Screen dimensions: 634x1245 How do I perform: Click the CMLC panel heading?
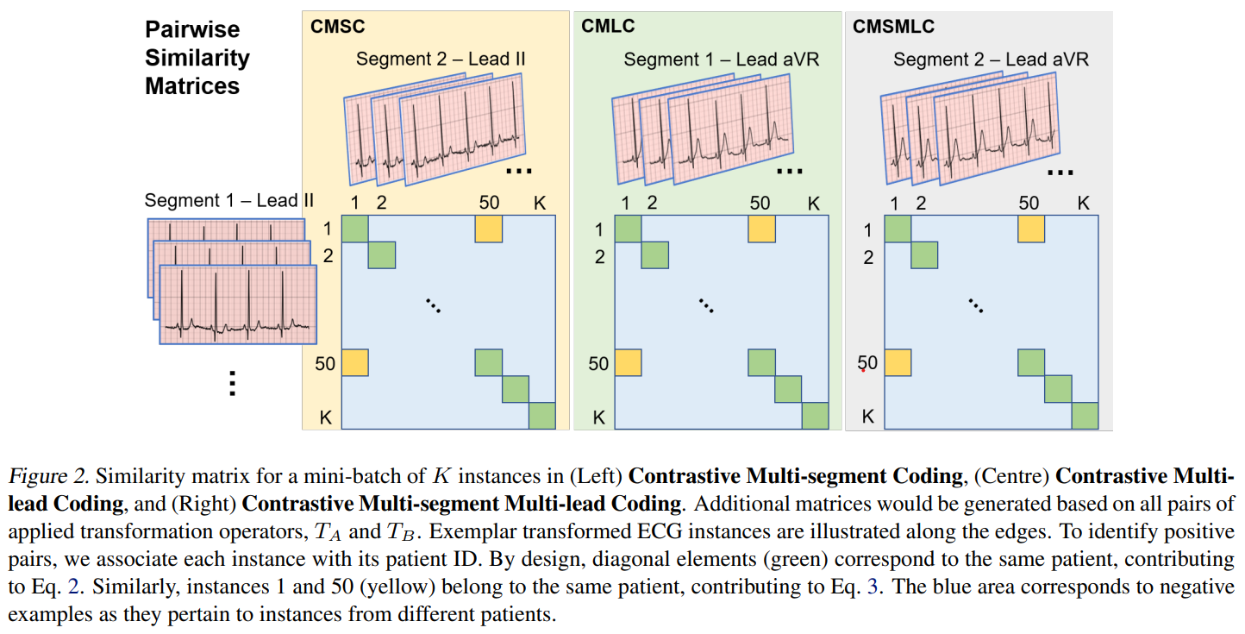608,26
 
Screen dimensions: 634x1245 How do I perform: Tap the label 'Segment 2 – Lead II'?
441,59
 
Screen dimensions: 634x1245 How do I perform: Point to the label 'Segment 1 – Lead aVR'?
721,60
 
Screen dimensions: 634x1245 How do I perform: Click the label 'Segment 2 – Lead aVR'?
991,60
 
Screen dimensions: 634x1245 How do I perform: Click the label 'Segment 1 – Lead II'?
228,200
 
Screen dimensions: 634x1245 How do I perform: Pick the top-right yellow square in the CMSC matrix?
489,229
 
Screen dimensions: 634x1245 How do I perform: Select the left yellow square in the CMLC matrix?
628,362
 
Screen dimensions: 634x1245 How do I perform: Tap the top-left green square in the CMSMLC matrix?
898,229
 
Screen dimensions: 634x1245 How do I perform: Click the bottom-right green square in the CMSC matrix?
542,416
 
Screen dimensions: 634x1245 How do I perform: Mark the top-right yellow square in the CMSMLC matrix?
1031,229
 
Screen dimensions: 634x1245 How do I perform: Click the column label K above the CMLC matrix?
813,204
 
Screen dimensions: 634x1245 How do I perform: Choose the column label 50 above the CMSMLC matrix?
1029,204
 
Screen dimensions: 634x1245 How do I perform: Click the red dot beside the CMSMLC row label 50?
862,370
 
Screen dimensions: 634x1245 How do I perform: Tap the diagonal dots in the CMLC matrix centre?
705,304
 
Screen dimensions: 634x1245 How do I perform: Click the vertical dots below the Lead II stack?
231,382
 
